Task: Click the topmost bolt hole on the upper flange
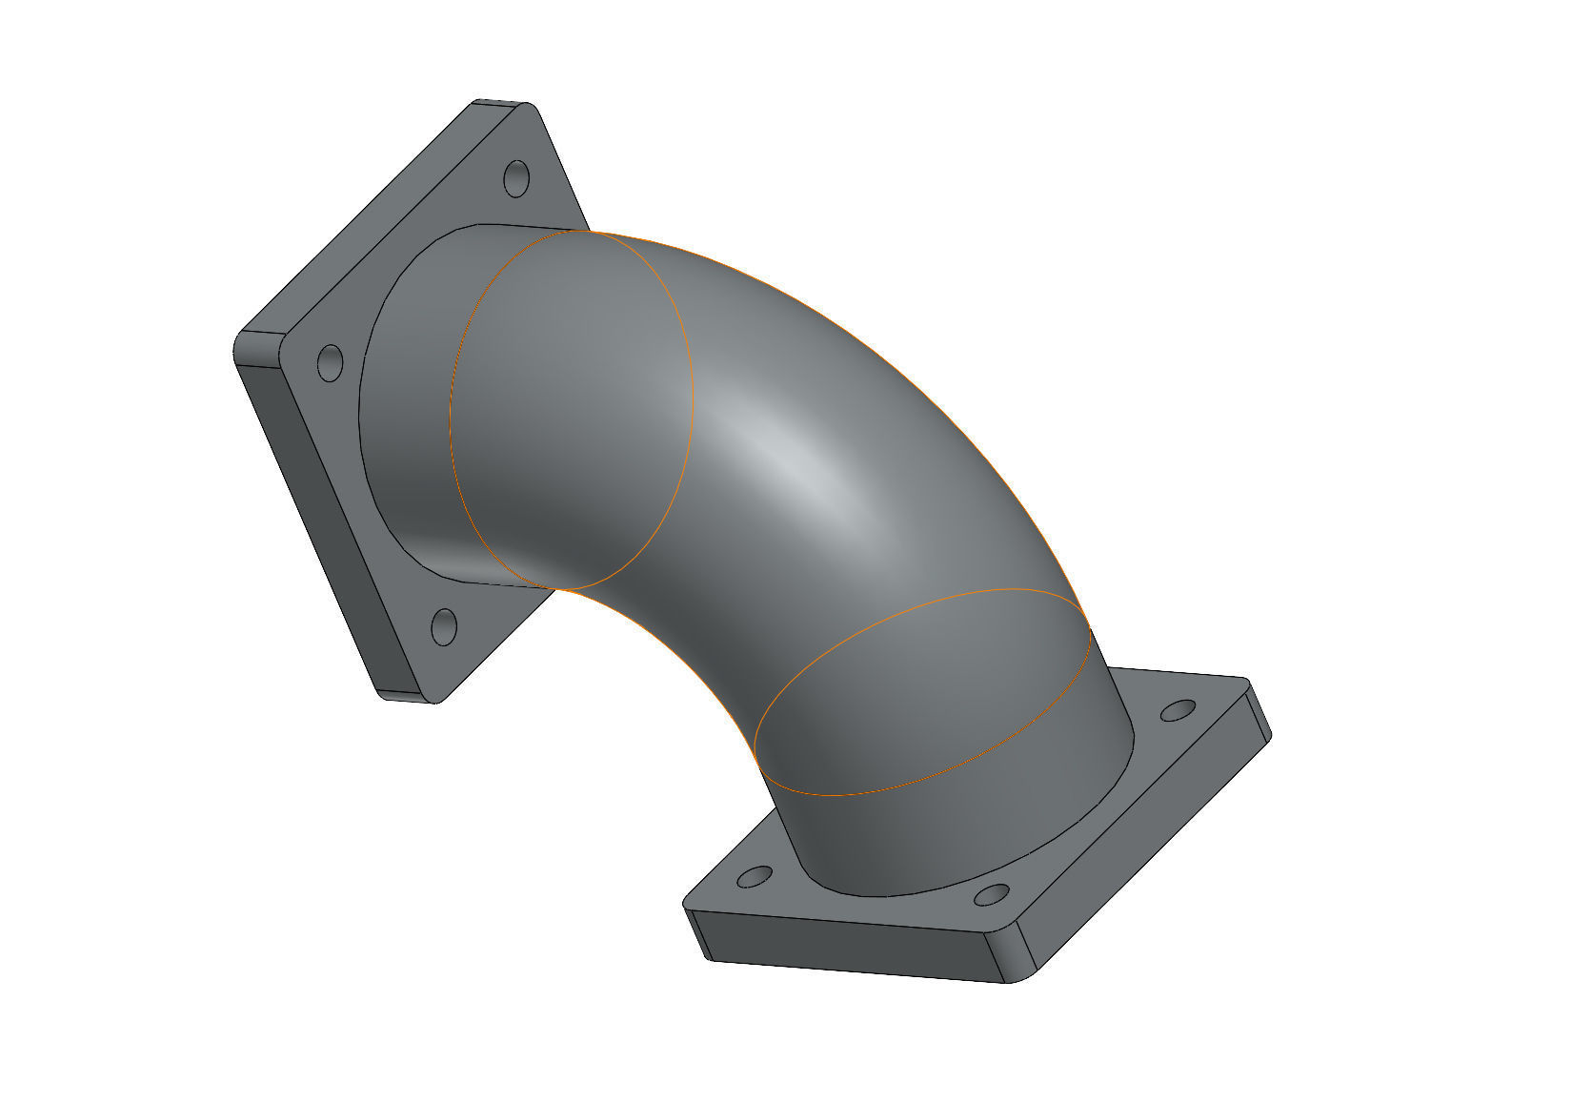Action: pos(515,178)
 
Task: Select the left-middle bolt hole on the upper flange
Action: pos(330,363)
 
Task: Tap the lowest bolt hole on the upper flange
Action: pos(444,626)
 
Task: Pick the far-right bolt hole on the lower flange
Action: pos(1178,711)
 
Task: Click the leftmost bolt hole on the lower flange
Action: pos(755,877)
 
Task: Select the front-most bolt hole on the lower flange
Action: pos(992,895)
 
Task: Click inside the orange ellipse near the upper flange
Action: pos(572,410)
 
